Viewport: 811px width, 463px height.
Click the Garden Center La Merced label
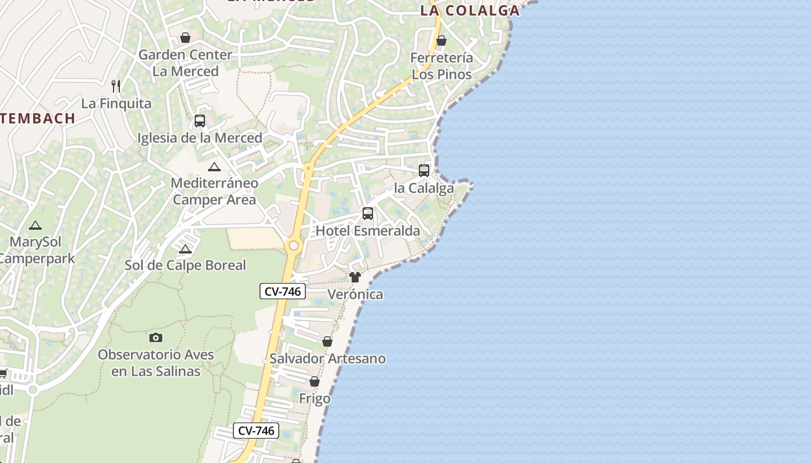click(185, 63)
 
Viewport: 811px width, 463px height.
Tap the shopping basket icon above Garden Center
click(185, 38)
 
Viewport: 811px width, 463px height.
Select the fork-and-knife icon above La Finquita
click(116, 86)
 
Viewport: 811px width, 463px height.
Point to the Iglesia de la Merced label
click(200, 138)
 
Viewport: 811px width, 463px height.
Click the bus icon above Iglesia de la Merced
click(200, 121)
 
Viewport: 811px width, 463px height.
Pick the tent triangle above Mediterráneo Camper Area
click(214, 167)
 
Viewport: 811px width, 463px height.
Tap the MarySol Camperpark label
click(36, 250)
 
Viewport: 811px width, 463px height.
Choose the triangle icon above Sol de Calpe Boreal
click(185, 249)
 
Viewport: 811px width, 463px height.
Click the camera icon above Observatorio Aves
click(156, 337)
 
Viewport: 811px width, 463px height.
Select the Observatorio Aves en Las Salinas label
click(156, 363)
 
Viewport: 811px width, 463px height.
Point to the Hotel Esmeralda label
click(368, 231)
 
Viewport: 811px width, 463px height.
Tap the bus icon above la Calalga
click(424, 171)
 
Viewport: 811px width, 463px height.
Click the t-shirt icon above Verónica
click(355, 277)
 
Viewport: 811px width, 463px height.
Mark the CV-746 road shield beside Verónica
click(282, 291)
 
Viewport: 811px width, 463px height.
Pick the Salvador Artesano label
click(327, 359)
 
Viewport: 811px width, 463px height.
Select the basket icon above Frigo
click(315, 382)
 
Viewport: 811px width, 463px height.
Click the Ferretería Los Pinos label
click(441, 66)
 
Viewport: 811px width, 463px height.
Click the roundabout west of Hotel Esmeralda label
click(294, 246)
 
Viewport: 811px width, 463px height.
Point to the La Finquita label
click(116, 104)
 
